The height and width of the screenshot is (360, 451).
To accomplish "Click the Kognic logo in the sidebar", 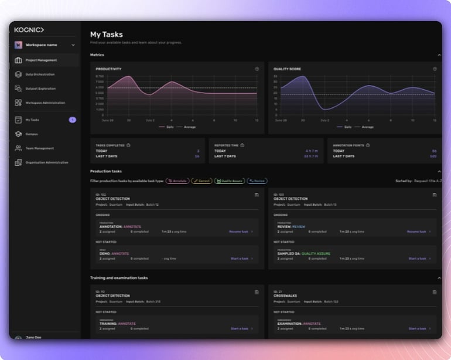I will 29,29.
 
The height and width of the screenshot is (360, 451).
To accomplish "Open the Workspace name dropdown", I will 45,45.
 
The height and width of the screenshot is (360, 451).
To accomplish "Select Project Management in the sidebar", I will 41,60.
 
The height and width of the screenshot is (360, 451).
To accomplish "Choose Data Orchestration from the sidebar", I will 40,74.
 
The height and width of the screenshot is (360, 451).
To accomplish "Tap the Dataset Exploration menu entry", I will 40,89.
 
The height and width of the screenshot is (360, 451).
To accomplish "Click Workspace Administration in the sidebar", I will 45,103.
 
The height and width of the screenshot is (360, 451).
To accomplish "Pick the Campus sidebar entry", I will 32,134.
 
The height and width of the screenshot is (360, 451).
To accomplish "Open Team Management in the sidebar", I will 39,148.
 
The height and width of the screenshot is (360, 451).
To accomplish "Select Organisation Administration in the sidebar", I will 46,162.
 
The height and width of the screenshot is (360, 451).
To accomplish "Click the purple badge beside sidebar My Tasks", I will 73,120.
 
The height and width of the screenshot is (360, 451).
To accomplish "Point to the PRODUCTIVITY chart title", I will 108,69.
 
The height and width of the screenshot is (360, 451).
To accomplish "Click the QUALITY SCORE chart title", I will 287,69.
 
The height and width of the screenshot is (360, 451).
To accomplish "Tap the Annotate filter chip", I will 177,181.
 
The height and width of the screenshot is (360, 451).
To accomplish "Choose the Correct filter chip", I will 201,181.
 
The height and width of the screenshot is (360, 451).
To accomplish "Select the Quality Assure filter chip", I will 229,181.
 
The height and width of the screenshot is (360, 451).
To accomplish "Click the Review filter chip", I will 257,181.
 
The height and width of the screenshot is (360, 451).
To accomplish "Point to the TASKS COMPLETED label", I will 110,145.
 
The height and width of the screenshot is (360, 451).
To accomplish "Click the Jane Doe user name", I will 34,338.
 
